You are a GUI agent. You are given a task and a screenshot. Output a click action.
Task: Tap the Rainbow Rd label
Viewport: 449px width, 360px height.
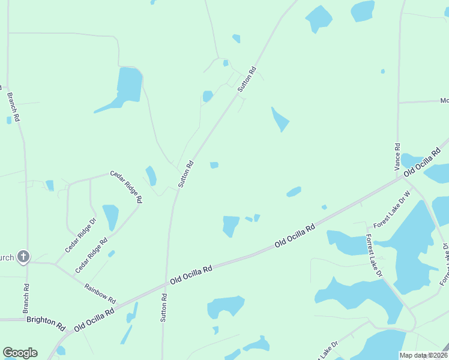coord(100,294)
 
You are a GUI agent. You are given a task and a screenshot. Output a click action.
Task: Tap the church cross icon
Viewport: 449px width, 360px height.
coord(23,257)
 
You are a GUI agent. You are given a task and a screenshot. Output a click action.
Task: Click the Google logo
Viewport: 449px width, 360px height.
coord(20,353)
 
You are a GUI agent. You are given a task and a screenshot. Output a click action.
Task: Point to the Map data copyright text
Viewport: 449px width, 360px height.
coord(423,355)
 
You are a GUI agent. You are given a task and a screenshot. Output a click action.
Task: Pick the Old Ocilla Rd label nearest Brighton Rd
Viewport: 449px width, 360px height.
coord(94,321)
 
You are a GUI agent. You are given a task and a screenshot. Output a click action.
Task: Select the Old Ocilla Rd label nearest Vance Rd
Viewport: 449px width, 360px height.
coord(422,163)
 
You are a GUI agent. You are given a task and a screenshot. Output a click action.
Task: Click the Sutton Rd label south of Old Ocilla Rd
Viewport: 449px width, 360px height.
coord(163,308)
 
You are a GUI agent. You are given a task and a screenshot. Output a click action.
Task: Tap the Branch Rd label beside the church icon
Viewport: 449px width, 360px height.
coord(26,298)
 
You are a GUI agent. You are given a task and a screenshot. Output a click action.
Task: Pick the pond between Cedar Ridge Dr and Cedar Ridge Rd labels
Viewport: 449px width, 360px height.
coord(110,217)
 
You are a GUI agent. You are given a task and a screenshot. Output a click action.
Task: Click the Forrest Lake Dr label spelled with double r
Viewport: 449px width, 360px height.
coord(374,256)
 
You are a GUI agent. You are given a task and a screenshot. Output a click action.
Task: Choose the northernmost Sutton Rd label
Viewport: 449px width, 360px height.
coord(247,79)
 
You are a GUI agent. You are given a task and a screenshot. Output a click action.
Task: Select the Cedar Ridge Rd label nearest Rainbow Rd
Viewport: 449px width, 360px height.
coord(91,256)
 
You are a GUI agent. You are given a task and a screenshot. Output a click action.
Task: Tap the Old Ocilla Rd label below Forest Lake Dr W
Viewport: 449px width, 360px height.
coord(295,236)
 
